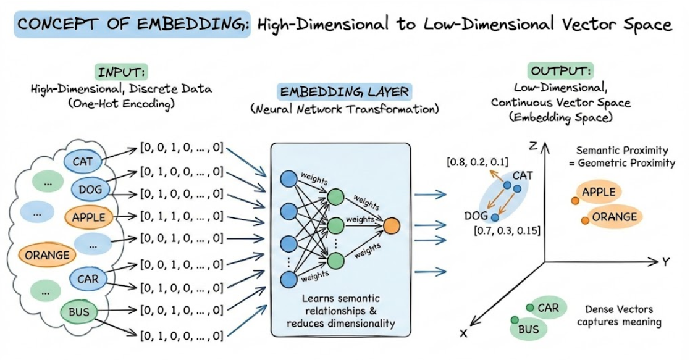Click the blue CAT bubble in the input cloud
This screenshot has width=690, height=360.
click(x=82, y=162)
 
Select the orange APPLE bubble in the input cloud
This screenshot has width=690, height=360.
click(x=89, y=217)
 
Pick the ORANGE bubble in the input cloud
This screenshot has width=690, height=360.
click(x=47, y=254)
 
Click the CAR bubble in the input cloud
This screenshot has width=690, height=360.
click(x=87, y=279)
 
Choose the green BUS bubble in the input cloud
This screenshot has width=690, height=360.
click(x=79, y=312)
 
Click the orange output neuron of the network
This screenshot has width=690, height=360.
click(x=392, y=225)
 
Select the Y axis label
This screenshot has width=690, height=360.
click(x=666, y=262)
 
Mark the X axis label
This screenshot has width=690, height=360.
click(x=463, y=333)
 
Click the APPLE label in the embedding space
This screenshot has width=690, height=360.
click(x=599, y=192)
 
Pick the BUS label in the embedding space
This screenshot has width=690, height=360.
click(x=529, y=329)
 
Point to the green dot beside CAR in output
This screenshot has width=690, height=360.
click(x=529, y=308)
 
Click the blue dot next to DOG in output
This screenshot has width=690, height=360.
click(x=495, y=217)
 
